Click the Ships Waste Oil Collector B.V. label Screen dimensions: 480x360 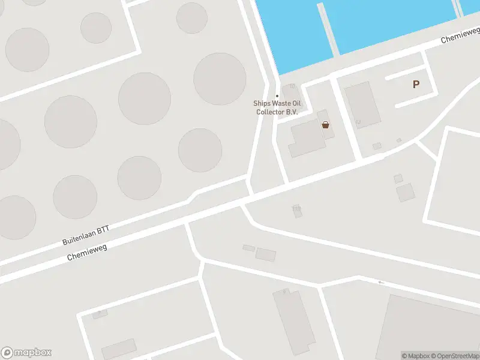coord(277,107)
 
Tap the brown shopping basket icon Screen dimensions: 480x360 coord(325,125)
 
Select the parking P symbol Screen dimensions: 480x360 coord(416,85)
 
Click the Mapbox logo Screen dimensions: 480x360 coord(26,353)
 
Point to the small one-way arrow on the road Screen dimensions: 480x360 coord(381,282)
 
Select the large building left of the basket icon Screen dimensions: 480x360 coord(307,138)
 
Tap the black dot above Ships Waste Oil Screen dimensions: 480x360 coord(277,96)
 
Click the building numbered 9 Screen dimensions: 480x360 coord(100,313)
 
